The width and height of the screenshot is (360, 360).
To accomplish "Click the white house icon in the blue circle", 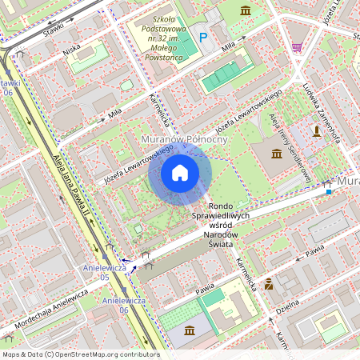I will pyautogui.click(x=180, y=172).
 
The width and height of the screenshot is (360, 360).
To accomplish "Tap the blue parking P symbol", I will pyautogui.click(x=202, y=37).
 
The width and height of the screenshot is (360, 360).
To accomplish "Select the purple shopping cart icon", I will pyautogui.click(x=297, y=47).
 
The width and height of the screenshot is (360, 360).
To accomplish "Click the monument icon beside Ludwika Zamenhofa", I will pyautogui.click(x=317, y=132).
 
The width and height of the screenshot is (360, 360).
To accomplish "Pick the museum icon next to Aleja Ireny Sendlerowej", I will pyautogui.click(x=276, y=153).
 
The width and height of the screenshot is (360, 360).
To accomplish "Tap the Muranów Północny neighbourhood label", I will pyautogui.click(x=184, y=139).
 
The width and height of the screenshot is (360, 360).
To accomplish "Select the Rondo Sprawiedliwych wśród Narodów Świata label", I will pyautogui.click(x=222, y=222).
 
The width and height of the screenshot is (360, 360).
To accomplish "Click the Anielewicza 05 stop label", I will pyautogui.click(x=106, y=272).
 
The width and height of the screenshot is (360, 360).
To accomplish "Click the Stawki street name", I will pyautogui.click(x=54, y=29).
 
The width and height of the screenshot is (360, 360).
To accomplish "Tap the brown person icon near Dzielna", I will pyautogui.click(x=269, y=283).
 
